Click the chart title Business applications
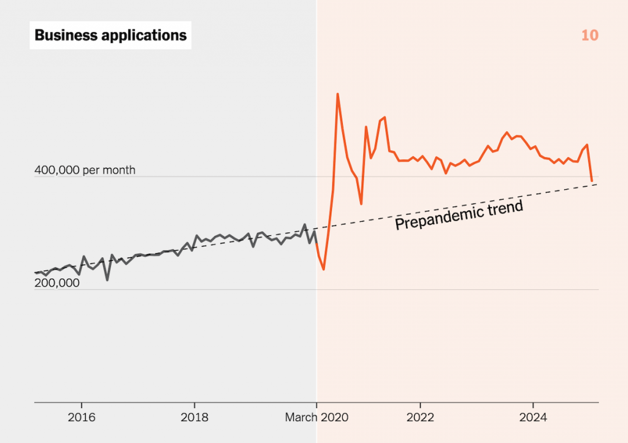pos(110,35)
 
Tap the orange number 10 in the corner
pos(589,36)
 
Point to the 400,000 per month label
pos(85,170)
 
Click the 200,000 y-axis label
pos(57,283)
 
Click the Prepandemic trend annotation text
pos(459,215)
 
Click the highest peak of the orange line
pos(338,94)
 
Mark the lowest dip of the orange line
pos(323,269)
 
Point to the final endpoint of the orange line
pos(592,181)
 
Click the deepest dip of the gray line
pos(107,280)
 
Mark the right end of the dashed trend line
pos(597,184)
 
